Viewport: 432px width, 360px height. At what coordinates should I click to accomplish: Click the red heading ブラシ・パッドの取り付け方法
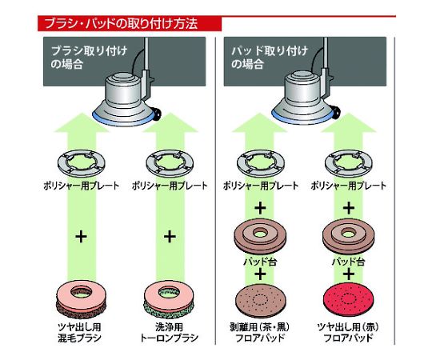(x=122, y=23)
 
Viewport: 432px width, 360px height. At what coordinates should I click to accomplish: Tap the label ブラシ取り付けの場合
(x=89, y=58)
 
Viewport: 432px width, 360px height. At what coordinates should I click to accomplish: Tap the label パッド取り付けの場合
(x=269, y=58)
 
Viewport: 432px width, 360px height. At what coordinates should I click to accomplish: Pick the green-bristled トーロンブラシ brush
(x=169, y=302)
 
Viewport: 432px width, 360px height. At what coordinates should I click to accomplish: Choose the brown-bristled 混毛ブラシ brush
(x=81, y=302)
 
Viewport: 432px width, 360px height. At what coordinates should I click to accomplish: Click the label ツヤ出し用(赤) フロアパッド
(x=348, y=333)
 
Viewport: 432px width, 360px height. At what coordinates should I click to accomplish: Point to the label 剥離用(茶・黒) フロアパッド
(x=260, y=333)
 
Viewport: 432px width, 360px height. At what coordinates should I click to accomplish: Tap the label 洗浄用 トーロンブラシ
(x=169, y=333)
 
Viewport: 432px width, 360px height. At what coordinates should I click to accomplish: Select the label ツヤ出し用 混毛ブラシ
(x=80, y=333)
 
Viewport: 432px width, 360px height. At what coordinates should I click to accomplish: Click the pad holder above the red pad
(x=348, y=237)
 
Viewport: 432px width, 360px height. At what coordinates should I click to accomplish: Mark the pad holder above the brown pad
(x=260, y=237)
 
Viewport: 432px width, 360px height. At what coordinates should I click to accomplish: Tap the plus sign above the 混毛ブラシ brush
(x=81, y=237)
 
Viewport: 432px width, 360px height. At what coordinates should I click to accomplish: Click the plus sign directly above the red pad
(x=349, y=274)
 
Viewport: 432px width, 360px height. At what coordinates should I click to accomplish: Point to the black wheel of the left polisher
(x=158, y=114)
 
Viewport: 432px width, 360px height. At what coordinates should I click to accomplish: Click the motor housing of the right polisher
(x=303, y=88)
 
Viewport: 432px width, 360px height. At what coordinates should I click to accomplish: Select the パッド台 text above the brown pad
(x=260, y=262)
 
